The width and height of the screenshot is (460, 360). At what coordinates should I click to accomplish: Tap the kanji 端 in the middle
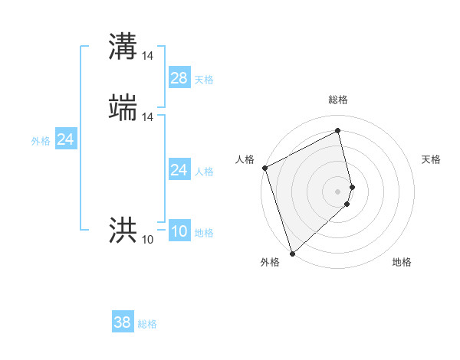point(123,107)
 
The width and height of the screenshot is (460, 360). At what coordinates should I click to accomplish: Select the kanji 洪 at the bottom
point(123,229)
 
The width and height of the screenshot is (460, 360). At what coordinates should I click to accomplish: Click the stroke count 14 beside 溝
point(148,55)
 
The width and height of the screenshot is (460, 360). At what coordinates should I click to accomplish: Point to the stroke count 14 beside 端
point(148,116)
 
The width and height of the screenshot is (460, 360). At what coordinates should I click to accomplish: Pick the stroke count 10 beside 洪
point(148,239)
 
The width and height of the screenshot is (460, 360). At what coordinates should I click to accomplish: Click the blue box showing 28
point(179,77)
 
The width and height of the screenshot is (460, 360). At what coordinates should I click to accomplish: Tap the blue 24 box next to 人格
point(179,169)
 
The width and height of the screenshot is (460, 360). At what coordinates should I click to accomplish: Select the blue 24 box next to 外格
point(66,139)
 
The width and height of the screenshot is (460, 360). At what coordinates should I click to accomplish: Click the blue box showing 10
point(179,231)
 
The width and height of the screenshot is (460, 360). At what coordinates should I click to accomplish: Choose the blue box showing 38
point(123,322)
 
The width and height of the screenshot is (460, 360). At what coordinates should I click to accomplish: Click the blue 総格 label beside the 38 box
point(147,325)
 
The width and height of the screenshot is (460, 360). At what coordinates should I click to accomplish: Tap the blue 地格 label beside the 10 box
point(204,233)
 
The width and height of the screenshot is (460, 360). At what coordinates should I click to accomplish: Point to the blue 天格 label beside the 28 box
point(204,80)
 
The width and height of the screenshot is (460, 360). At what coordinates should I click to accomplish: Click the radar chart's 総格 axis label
point(338,100)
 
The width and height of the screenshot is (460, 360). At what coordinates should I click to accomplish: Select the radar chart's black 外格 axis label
point(270,263)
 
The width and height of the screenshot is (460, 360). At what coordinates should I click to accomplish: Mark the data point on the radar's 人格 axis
point(264,169)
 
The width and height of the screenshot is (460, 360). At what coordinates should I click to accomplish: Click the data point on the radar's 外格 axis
point(292,253)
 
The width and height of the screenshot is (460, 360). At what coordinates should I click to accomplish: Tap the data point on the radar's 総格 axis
point(338,131)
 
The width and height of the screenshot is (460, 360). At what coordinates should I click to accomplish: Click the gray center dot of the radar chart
point(338,191)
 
